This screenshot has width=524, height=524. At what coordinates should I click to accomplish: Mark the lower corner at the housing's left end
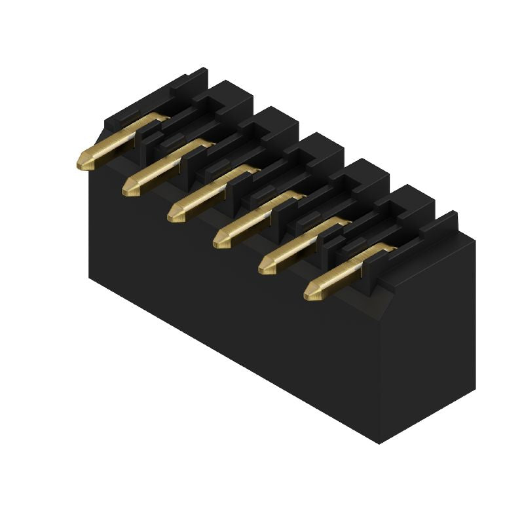tap(90, 278)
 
